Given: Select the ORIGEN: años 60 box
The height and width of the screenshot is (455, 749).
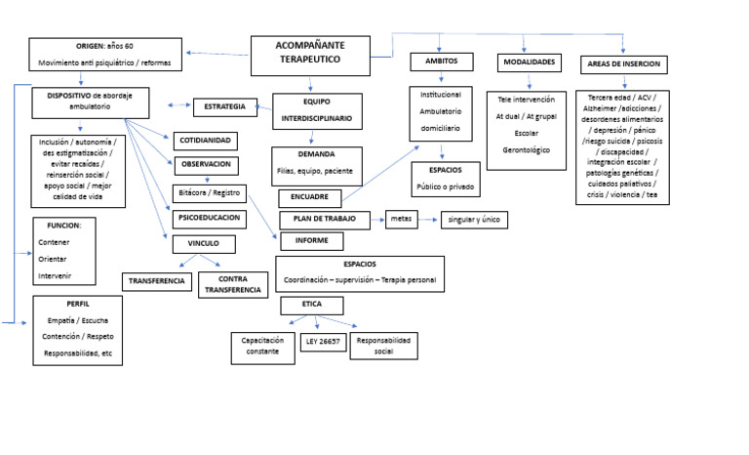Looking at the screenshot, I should (x=104, y=55).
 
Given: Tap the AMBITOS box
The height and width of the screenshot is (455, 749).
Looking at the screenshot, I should (x=440, y=62).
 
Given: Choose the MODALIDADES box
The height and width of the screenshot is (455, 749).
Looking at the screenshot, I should (x=530, y=62).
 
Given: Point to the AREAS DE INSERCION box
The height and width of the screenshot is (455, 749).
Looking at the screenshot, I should (x=624, y=64).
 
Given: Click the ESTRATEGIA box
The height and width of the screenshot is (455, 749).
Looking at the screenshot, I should (x=225, y=106).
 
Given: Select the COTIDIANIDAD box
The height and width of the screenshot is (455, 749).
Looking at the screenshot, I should (x=205, y=140).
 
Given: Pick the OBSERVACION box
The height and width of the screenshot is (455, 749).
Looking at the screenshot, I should (x=206, y=165).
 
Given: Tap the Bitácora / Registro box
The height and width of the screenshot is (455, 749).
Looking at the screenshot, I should (x=206, y=192).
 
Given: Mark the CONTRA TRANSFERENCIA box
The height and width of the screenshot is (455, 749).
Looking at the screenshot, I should (x=232, y=284).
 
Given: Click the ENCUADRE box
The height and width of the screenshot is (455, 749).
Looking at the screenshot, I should (x=309, y=197).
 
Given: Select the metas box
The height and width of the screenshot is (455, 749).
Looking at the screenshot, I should (x=401, y=220).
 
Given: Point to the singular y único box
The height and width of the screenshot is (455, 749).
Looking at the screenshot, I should (x=474, y=220).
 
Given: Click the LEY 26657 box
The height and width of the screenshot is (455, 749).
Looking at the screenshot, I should (x=323, y=343).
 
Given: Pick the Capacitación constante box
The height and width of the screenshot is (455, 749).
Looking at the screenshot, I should (x=262, y=347).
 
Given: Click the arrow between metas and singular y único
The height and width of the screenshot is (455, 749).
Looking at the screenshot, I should (x=429, y=221).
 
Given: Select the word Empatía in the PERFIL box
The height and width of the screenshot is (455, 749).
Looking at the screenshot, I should (x=60, y=319).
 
